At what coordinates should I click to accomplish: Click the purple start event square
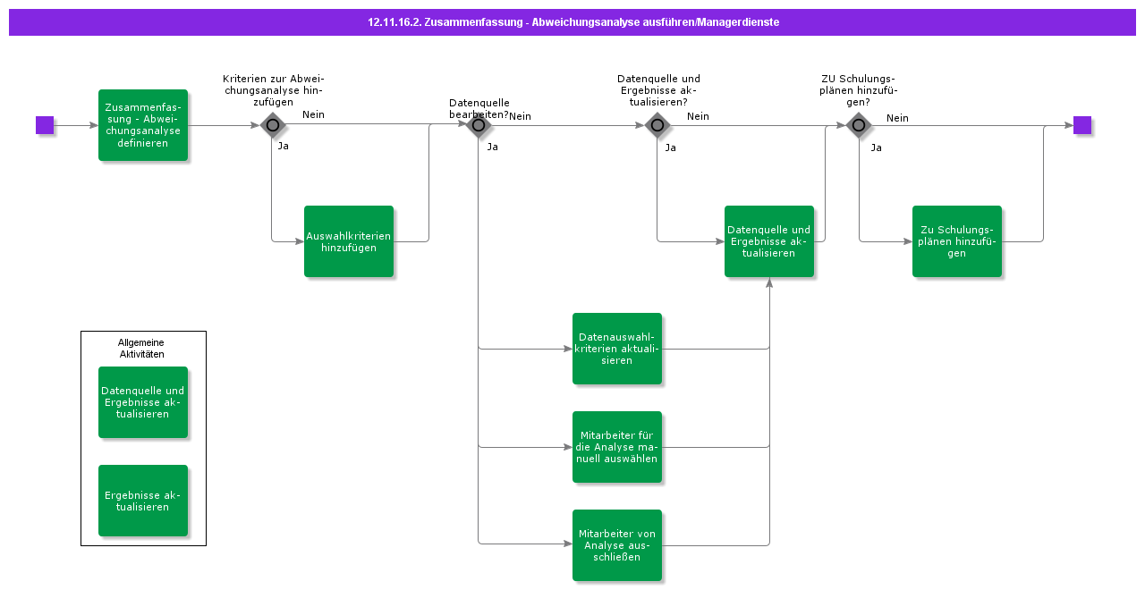tap(45, 125)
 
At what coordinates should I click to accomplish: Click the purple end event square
tap(1082, 125)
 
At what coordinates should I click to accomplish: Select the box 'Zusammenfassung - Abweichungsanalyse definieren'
tap(143, 125)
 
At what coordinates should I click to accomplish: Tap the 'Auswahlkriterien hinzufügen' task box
tap(349, 241)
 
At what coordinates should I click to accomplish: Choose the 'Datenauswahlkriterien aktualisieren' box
tap(617, 349)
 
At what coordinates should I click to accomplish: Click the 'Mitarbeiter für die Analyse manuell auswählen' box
tap(617, 447)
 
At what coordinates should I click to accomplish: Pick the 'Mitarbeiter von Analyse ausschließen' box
tap(617, 545)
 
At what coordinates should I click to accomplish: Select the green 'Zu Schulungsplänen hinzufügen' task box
tap(957, 241)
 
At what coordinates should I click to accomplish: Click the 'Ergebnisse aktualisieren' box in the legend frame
tap(143, 501)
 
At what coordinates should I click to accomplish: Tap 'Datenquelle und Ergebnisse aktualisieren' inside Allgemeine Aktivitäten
tap(143, 402)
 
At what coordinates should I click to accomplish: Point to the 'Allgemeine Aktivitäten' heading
tap(141, 348)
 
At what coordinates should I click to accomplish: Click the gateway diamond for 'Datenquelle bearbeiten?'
tap(479, 125)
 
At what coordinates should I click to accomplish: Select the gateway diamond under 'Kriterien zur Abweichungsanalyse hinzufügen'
tap(273, 125)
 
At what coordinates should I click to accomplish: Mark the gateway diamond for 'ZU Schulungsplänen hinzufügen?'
tap(859, 125)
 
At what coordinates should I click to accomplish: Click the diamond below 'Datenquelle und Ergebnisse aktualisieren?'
tap(657, 125)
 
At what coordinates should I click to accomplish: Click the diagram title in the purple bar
tap(572, 22)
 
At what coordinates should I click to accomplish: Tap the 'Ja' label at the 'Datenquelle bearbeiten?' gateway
tap(492, 147)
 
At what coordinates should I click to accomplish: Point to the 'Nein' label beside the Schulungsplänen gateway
tap(897, 118)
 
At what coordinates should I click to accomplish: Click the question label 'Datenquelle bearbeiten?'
tap(479, 108)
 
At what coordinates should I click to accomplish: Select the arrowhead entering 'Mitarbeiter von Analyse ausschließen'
tap(567, 545)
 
